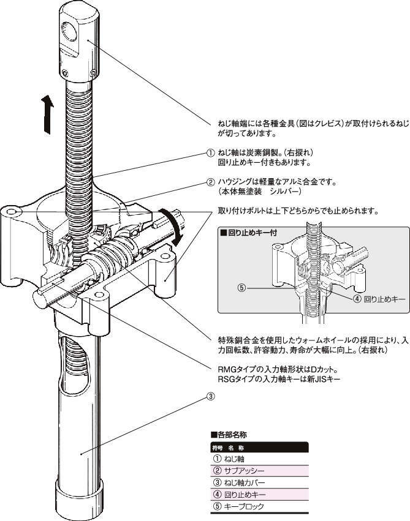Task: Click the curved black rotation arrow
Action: point(170,225)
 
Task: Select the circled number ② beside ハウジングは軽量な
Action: point(211,182)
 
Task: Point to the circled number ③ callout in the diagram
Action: point(211,395)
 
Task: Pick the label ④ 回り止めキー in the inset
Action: point(376,299)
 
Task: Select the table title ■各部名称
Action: point(230,435)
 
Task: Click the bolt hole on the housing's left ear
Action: point(13,212)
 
